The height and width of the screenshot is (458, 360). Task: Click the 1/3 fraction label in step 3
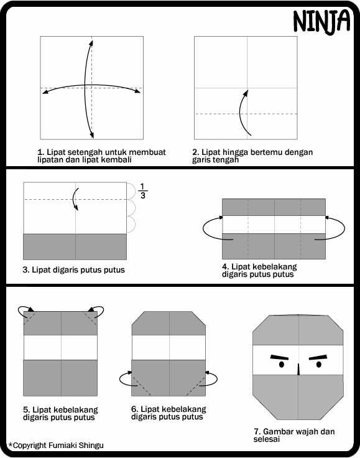[142, 190]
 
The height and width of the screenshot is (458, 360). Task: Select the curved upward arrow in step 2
[243, 112]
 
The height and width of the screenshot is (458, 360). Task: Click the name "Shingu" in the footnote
[89, 445]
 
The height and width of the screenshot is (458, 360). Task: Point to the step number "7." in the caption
[257, 431]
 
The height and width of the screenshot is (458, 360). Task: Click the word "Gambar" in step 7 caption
[278, 431]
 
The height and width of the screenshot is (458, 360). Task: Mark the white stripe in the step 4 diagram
[274, 225]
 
